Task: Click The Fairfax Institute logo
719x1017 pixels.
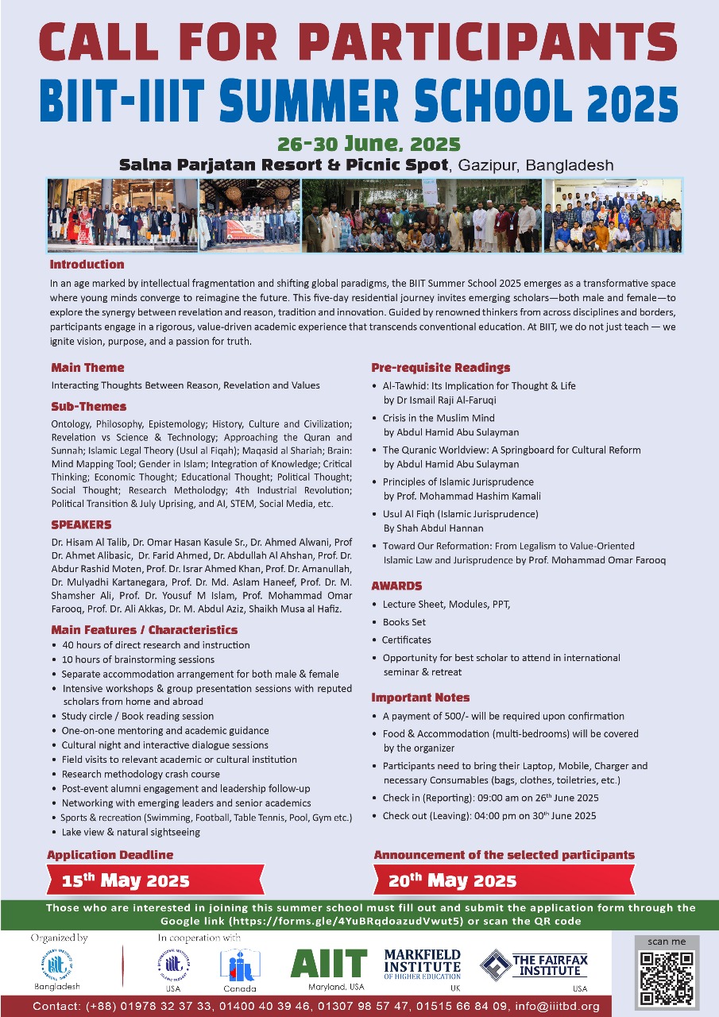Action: click(x=533, y=964)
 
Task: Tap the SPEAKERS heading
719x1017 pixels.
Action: click(x=81, y=525)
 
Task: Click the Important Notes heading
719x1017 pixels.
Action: click(x=420, y=698)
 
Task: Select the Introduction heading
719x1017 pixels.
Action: click(x=87, y=265)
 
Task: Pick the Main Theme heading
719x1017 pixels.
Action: click(x=87, y=368)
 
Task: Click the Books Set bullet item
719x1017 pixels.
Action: click(x=404, y=622)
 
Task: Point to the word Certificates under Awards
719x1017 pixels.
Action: click(x=407, y=640)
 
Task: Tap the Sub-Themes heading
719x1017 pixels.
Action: click(x=88, y=406)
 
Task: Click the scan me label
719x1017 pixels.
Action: click(x=666, y=942)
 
